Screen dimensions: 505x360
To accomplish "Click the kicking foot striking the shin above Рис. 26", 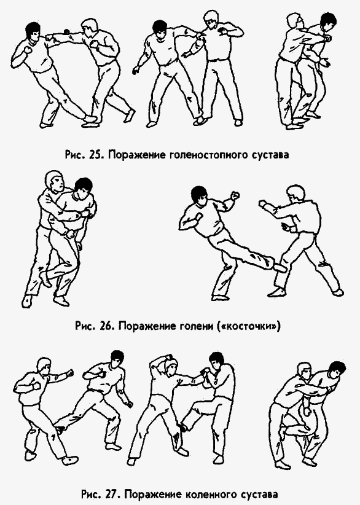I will pos(280,267).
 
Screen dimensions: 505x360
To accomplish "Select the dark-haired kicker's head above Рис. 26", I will pos(199,195).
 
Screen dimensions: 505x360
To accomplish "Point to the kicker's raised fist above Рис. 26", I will pos(233,198).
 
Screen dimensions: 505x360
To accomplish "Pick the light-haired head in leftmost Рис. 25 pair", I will pos(91,26).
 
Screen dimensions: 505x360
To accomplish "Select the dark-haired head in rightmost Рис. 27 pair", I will pos(335,369).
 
